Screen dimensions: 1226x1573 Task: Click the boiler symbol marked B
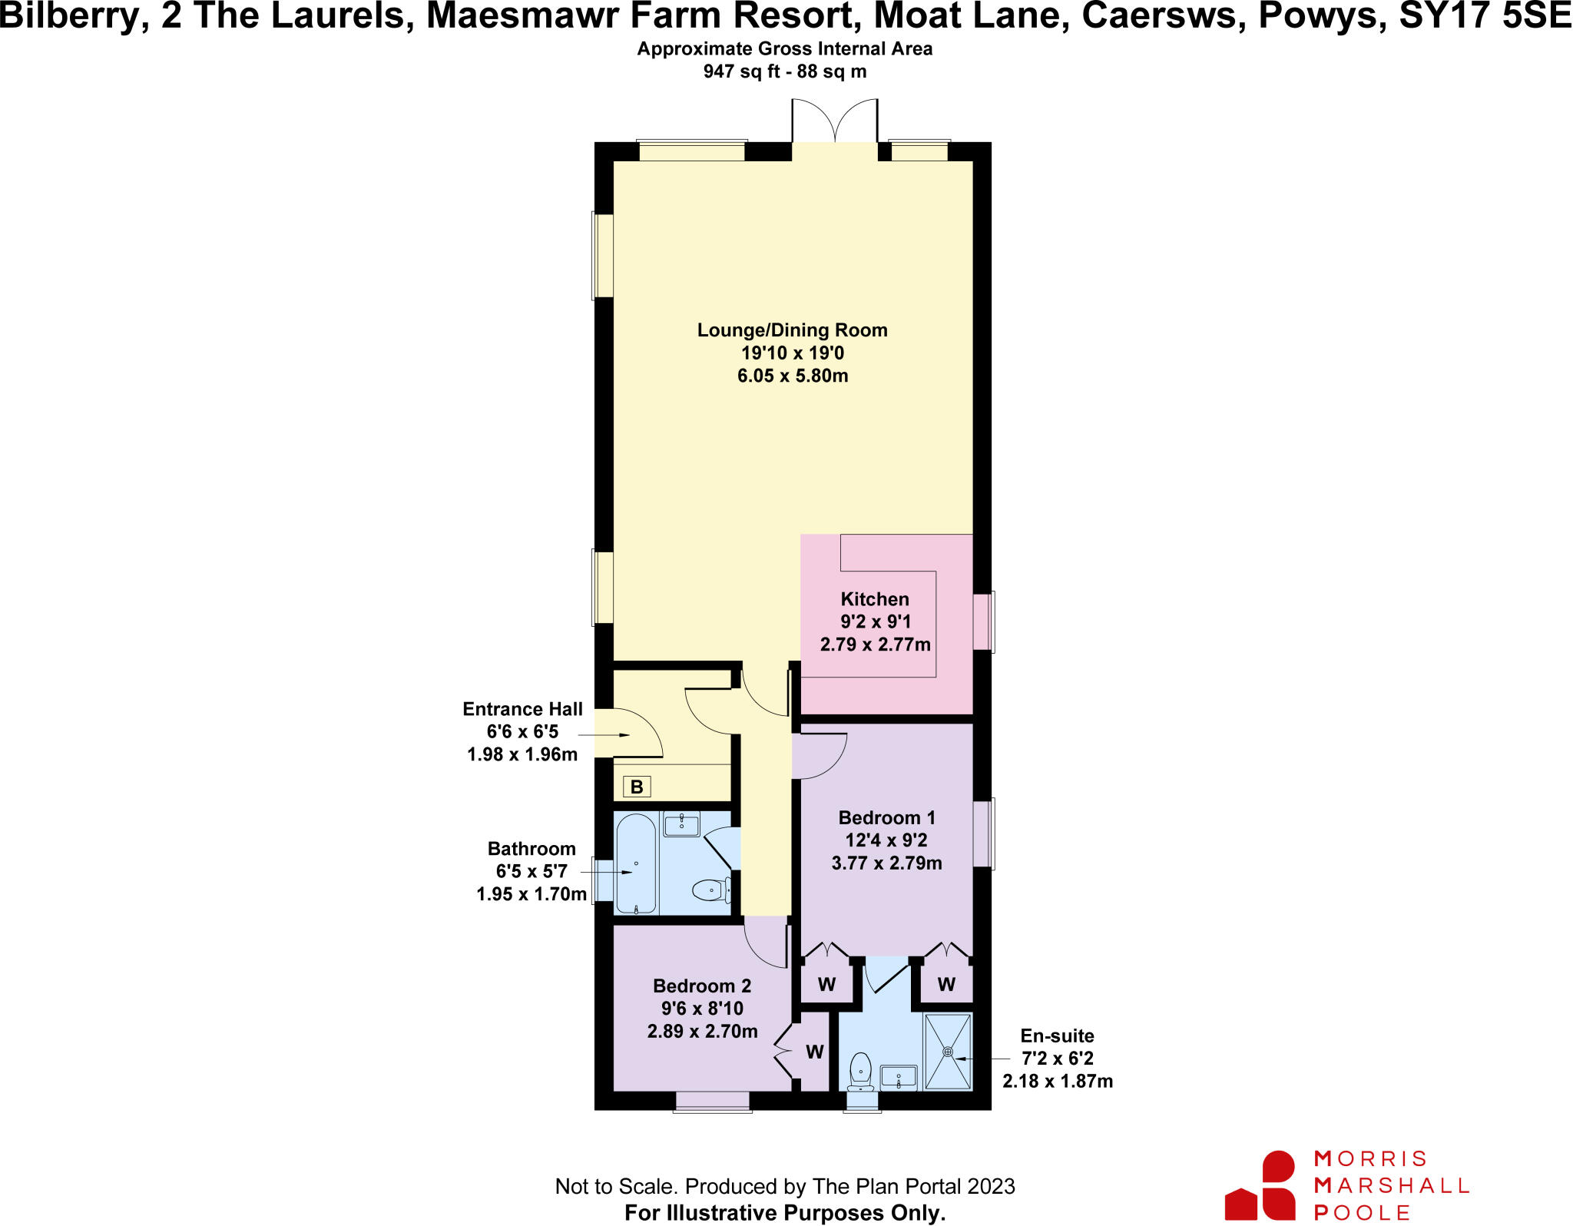pos(636,787)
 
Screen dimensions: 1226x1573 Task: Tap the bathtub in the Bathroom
pos(636,864)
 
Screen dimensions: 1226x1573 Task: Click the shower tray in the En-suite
pos(948,1052)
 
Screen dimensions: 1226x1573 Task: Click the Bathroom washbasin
pos(681,824)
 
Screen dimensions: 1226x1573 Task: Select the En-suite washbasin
pos(898,1076)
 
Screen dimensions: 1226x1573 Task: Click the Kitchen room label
pos(875,599)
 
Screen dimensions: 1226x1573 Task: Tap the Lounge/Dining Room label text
pos(792,330)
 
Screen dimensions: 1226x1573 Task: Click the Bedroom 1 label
pos(886,817)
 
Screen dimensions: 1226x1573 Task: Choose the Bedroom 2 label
pos(702,986)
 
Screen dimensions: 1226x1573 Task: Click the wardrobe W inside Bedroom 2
pos(814,1052)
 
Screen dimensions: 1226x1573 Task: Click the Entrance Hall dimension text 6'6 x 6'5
pos(522,732)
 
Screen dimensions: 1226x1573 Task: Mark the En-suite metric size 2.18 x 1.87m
pos(1057,1081)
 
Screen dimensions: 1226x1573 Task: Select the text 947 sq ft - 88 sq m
pos(784,71)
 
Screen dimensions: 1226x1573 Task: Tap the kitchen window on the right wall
pos(984,621)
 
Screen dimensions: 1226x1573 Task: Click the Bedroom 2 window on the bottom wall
pos(712,1101)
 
